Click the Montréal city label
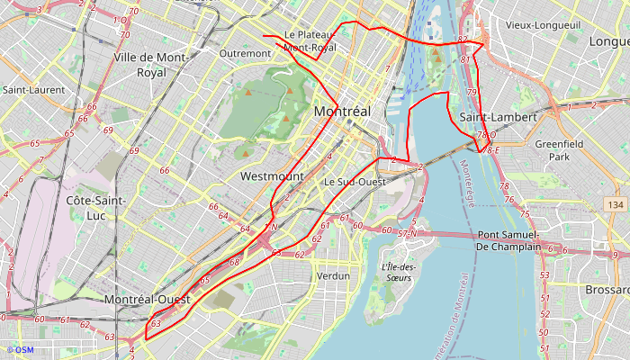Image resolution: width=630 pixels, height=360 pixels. click(x=342, y=111)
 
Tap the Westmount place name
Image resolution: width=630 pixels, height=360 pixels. click(x=272, y=177)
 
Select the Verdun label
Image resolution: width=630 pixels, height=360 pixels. click(x=333, y=275)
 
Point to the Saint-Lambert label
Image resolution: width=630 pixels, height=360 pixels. click(x=498, y=118)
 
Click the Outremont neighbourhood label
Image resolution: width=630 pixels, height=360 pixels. click(x=245, y=53)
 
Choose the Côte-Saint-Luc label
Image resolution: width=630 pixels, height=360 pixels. click(x=95, y=207)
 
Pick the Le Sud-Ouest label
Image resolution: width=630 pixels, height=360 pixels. click(x=355, y=182)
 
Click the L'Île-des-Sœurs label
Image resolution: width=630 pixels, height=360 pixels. click(x=396, y=272)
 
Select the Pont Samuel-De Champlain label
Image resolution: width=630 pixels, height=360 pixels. click(x=508, y=241)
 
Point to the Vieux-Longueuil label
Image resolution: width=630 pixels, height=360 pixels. click(x=543, y=25)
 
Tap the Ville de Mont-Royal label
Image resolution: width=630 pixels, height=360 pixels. click(x=151, y=64)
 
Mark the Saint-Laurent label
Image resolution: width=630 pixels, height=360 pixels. click(x=33, y=90)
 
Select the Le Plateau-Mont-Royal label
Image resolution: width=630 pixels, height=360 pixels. click(x=310, y=40)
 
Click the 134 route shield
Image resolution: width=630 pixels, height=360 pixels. click(x=616, y=205)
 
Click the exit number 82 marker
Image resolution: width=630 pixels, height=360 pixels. click(x=463, y=40)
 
